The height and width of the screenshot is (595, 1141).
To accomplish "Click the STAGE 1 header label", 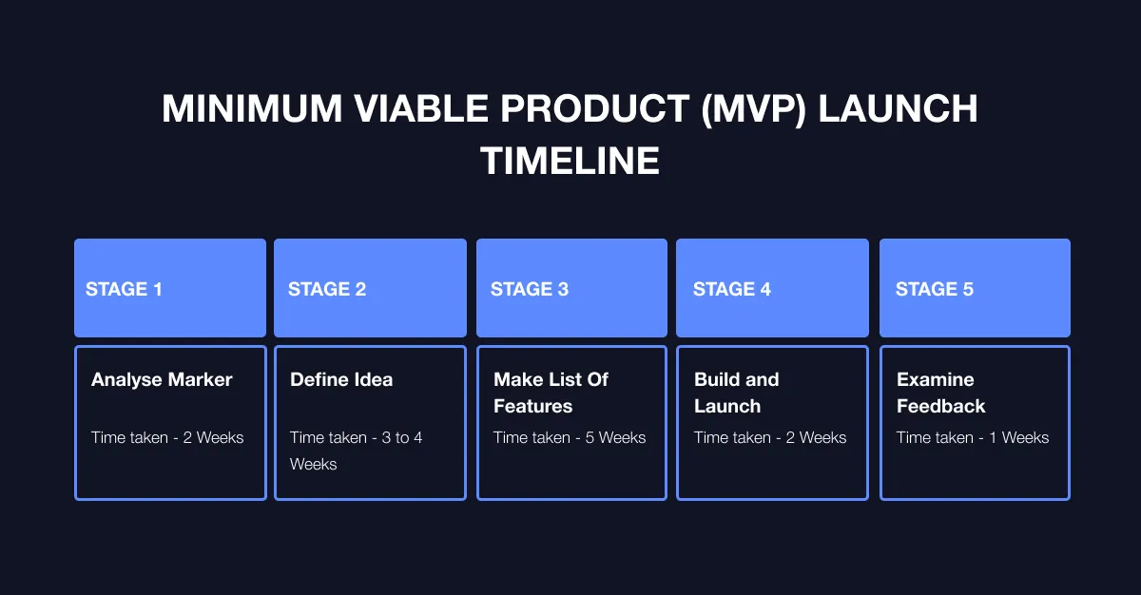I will (x=124, y=289).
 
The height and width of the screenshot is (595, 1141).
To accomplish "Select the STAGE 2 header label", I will (x=327, y=289).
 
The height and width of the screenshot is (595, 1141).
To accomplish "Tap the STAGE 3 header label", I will (x=530, y=289).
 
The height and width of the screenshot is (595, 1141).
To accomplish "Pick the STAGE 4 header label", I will (x=732, y=289).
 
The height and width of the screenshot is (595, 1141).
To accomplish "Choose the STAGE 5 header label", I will (x=935, y=289).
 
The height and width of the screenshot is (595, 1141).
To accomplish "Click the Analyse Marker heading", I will (x=162, y=379).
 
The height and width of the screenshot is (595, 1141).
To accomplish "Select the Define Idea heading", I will (x=341, y=379).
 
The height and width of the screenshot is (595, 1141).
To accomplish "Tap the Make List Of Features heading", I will (x=551, y=393).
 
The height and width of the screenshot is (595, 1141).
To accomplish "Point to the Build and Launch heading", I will (x=736, y=393).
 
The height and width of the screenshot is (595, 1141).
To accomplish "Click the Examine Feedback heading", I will (x=940, y=393).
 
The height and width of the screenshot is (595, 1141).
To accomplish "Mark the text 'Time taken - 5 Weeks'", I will (x=570, y=437).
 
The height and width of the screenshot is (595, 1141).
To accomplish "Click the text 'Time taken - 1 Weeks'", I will (x=973, y=437).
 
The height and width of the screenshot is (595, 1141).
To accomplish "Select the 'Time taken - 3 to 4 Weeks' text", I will (x=357, y=451).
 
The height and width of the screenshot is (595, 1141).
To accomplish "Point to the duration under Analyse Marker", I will (x=167, y=437).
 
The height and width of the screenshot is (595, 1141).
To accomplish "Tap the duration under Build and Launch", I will (x=770, y=437).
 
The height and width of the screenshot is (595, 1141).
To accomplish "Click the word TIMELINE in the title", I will (x=570, y=161).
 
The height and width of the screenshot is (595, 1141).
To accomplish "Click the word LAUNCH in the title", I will (x=899, y=109).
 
